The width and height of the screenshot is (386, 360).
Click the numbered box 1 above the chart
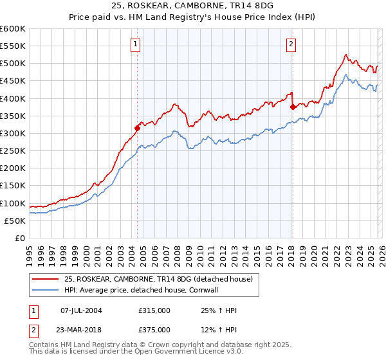(x=136, y=44)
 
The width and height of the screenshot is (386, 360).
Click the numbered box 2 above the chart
(x=291, y=44)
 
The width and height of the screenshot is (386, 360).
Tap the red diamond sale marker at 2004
(x=137, y=128)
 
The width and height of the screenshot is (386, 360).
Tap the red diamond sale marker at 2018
(x=293, y=107)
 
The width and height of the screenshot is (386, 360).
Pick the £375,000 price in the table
(x=154, y=329)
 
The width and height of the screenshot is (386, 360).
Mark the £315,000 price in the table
(x=154, y=310)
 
